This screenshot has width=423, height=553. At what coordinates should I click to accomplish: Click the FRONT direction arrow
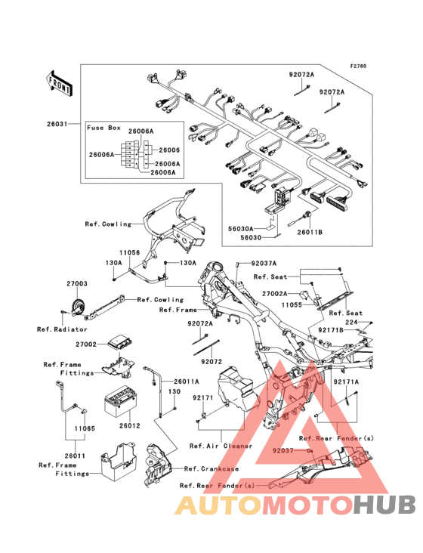(x=60, y=83)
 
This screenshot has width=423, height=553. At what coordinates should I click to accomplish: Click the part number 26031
(x=57, y=124)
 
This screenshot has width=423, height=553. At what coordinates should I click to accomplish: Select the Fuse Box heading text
(x=104, y=128)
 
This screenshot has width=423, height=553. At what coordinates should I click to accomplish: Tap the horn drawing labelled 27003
(x=79, y=307)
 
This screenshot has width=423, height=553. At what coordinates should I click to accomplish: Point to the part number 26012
(x=129, y=425)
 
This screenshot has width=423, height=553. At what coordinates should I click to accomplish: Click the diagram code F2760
(x=358, y=66)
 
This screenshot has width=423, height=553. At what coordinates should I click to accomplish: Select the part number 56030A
(x=241, y=229)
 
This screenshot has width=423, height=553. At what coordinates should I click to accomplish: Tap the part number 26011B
(x=310, y=233)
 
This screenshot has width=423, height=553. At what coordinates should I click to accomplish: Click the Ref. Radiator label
(x=62, y=329)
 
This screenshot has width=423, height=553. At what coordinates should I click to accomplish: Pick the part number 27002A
(x=275, y=294)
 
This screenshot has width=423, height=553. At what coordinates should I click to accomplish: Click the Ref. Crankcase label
(x=211, y=469)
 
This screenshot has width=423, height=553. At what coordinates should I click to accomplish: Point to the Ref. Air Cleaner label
(x=221, y=446)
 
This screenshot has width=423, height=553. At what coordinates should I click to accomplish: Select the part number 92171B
(x=331, y=330)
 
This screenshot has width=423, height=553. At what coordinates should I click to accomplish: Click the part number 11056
(x=129, y=252)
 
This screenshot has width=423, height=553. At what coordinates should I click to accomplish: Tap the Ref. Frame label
(x=178, y=310)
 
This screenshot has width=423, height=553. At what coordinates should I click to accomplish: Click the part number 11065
(x=85, y=428)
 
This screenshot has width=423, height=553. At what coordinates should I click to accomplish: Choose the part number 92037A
(x=264, y=264)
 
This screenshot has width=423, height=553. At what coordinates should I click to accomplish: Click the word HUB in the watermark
(x=384, y=505)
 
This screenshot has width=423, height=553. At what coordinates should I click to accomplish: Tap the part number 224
(x=351, y=322)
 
